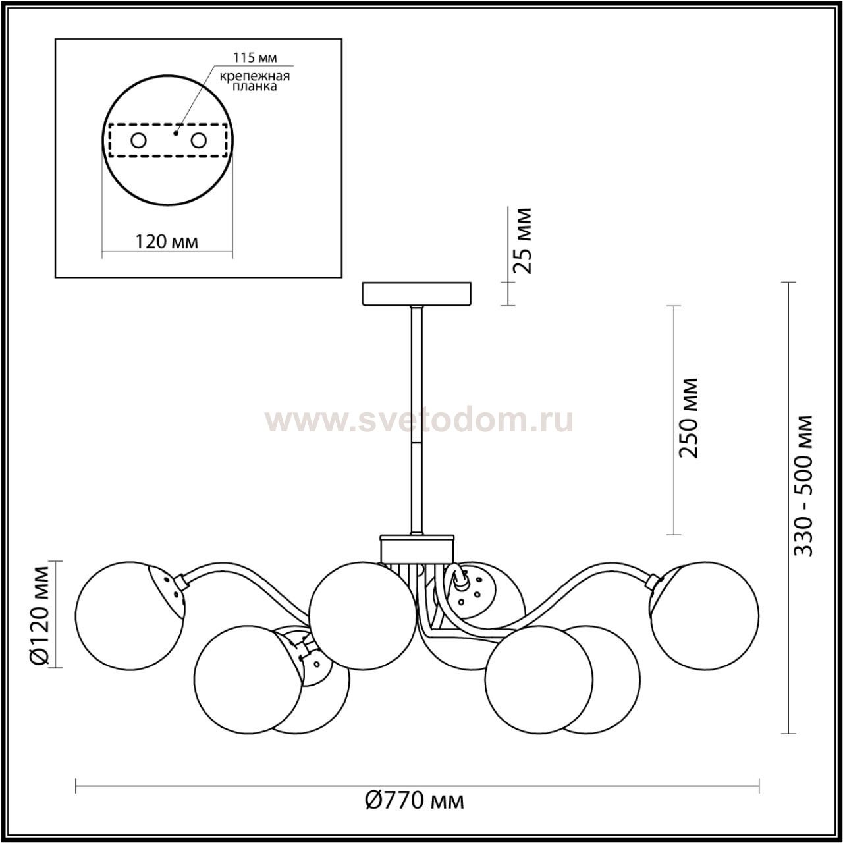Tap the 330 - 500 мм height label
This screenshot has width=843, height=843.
803,485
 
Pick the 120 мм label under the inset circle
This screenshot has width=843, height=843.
166,242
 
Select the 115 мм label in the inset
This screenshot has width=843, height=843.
255,57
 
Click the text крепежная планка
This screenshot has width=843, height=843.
255,81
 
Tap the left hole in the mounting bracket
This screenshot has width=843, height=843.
139,141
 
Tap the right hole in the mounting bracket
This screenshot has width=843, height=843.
198,141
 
